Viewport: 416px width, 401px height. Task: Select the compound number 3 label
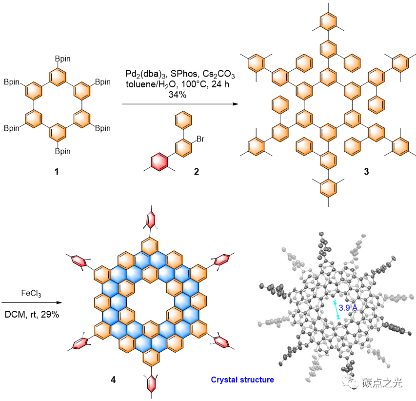point(366,172)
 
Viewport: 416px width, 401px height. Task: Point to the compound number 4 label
point(114,379)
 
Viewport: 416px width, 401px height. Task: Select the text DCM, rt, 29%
point(32,315)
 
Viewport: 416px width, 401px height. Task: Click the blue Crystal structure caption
point(242,379)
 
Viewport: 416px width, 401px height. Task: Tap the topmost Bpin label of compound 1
point(62,59)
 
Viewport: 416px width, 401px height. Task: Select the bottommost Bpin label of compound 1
point(62,151)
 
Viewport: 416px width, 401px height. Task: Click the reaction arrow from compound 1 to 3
point(177,104)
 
